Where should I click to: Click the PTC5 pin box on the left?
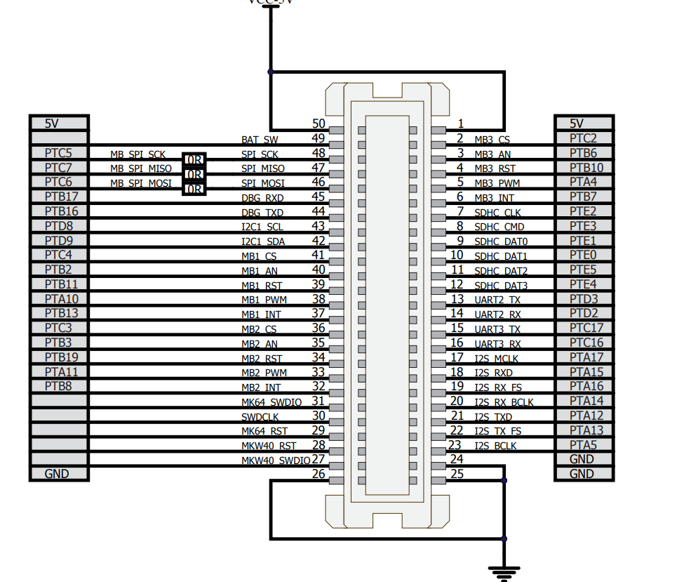(x=58, y=153)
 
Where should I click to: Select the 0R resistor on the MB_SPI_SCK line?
(x=194, y=160)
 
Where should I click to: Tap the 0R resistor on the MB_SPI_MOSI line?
(x=194, y=189)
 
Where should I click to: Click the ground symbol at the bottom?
(x=503, y=572)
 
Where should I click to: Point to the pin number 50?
(x=318, y=124)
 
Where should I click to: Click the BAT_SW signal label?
(x=260, y=140)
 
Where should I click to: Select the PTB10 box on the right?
(x=583, y=168)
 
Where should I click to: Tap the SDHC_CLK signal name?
(x=497, y=213)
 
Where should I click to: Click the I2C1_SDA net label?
(x=263, y=242)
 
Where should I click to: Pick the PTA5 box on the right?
(x=583, y=444)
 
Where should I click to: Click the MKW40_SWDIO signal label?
(x=276, y=461)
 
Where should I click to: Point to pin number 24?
(x=457, y=459)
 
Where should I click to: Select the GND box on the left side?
(x=58, y=474)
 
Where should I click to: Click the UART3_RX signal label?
(x=497, y=344)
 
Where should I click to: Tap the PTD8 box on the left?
(x=58, y=226)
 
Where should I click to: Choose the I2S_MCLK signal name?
(x=497, y=359)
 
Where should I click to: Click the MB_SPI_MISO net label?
(x=140, y=169)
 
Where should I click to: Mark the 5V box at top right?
(x=583, y=124)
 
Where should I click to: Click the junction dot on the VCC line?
(x=271, y=72)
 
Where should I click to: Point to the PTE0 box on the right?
(x=583, y=255)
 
